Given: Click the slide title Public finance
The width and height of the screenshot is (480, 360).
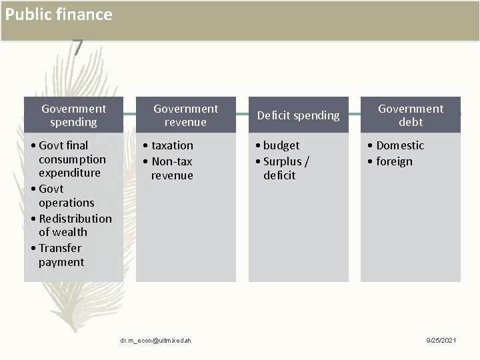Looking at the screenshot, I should tap(59, 15).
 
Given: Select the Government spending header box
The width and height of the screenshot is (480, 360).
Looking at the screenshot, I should tap(73, 115).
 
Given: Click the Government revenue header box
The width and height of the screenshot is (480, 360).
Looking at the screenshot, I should tap(185, 115).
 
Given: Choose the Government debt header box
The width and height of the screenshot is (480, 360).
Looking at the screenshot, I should tap(411, 115).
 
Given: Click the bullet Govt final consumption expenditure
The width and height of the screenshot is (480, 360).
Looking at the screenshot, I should tap(72, 159).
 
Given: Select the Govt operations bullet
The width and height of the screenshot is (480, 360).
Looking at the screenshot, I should tap(66, 195).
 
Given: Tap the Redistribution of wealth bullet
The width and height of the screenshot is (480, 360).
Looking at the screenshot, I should tap(75, 225).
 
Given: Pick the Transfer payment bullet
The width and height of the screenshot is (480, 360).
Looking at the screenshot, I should tap(61, 255).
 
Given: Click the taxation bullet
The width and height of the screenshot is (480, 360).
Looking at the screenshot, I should tap(172, 145).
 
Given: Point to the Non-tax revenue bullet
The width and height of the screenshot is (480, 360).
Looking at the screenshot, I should tap(171, 168).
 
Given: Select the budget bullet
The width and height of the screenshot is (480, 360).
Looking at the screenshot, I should tap(281, 145).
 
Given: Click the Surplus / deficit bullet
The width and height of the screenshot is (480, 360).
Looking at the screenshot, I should tap(286, 168).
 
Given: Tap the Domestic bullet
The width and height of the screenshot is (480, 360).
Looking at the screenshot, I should tap(399, 145).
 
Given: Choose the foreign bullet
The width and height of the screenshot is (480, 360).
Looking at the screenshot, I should tap(394, 161).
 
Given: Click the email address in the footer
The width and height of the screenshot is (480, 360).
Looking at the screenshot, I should tap(156, 341).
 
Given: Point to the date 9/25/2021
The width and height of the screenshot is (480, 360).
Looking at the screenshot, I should tap(441, 341).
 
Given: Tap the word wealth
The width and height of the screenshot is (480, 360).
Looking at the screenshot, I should tap(69, 232).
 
